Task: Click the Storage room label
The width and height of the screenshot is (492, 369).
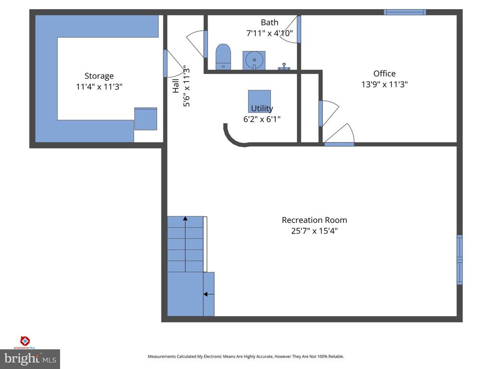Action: point(99,76)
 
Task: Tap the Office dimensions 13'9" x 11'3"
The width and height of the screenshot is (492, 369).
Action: point(384,84)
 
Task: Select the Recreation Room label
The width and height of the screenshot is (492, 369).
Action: point(314,220)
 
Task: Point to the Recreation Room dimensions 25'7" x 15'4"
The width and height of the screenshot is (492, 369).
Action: point(314,231)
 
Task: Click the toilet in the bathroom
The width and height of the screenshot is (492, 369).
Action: point(223,57)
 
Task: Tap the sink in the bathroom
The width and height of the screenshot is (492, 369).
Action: point(254,60)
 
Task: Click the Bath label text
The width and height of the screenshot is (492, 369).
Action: point(270,22)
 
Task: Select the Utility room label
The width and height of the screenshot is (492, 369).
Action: point(262,109)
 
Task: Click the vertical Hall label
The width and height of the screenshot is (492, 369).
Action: point(176,86)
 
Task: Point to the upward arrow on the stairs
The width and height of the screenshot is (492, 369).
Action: point(185,244)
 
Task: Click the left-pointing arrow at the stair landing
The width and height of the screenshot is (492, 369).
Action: point(209,295)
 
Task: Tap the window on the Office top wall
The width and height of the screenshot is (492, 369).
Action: point(405,12)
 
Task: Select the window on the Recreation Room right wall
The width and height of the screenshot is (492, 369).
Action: point(459,260)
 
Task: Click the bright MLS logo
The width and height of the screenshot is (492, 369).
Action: point(30,359)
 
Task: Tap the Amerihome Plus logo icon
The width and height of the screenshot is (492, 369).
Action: point(25,341)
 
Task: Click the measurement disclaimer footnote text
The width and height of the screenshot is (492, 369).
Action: point(246,357)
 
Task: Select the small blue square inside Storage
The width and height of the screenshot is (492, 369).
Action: point(146,119)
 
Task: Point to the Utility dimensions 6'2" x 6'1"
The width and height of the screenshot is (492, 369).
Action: point(262,119)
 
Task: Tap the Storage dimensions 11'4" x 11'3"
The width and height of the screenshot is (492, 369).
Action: point(99,86)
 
